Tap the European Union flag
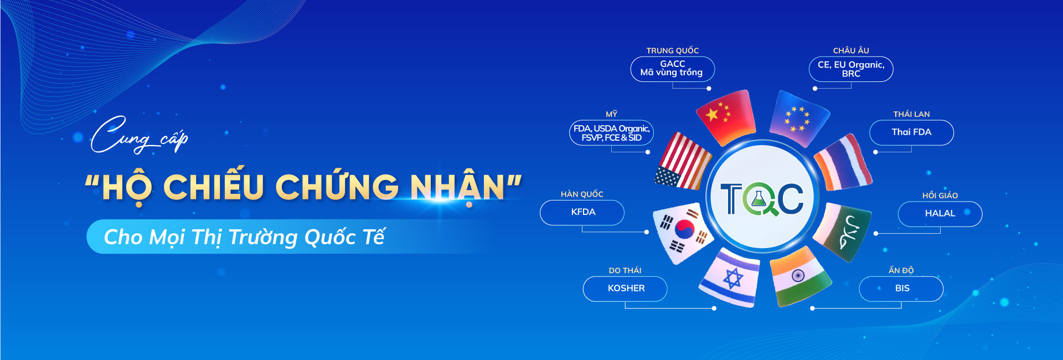click(798, 118)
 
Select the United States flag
click(683, 161)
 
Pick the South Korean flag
click(683, 233)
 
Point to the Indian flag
click(799, 277)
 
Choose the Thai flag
click(843, 162)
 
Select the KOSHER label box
click(625, 289)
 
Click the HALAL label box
click(940, 214)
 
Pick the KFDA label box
click(582, 213)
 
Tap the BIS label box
click(901, 289)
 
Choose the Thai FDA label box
click(912, 132)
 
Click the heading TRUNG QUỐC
click(673, 50)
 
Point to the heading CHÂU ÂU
click(851, 50)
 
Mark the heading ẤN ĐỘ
click(901, 270)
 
